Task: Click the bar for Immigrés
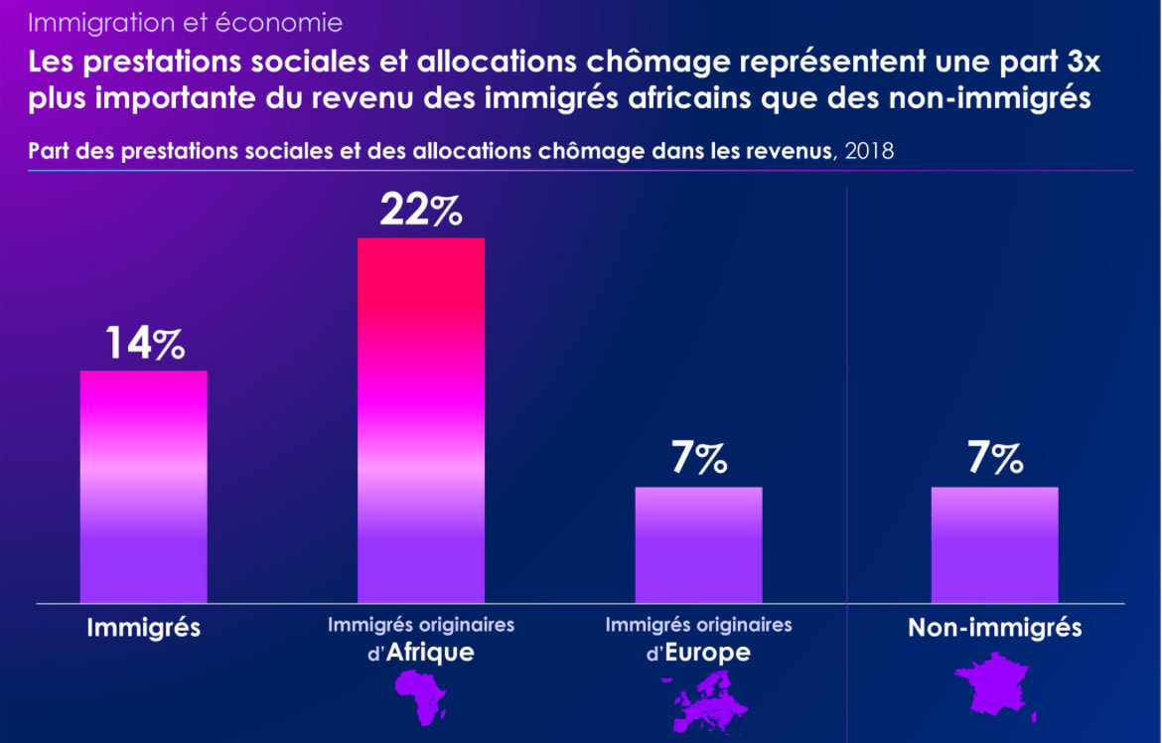point(143,487)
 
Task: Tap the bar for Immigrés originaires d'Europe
point(698,544)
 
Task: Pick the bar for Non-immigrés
point(994,544)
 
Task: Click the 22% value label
point(421,211)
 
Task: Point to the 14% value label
point(144,344)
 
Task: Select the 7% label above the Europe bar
point(699,459)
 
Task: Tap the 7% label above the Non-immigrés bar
point(995,459)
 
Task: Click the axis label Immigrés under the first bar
point(144,628)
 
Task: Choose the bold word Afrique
point(429,654)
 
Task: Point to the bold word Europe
point(707,654)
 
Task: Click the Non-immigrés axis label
point(995,628)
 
